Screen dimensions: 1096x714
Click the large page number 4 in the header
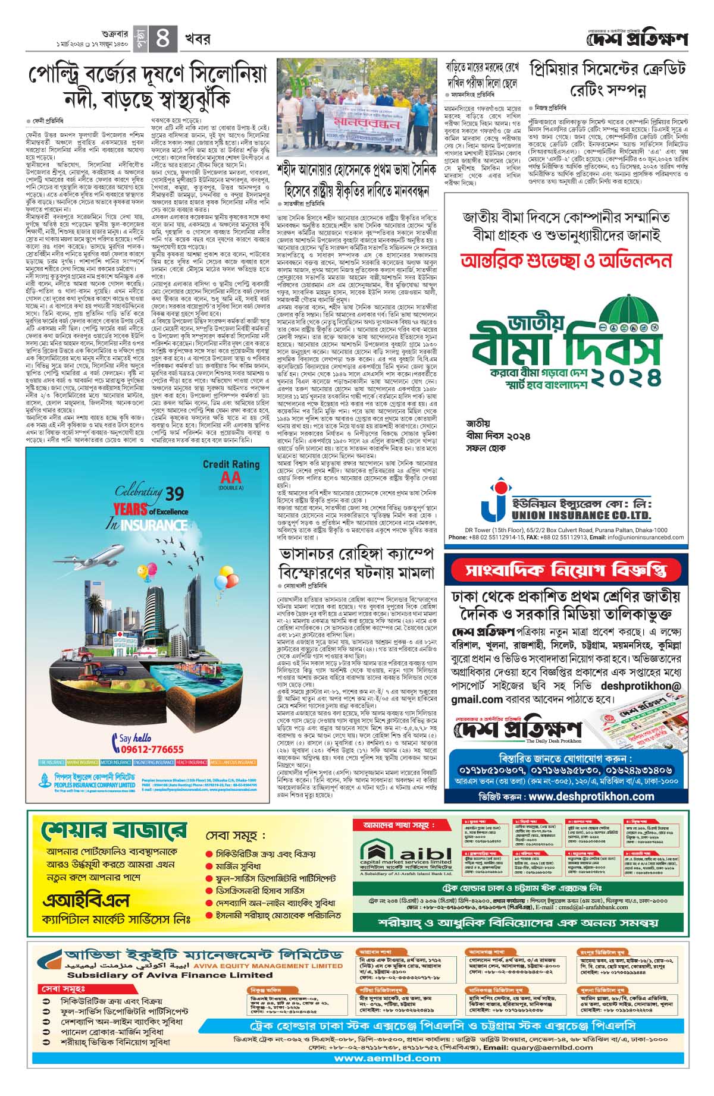(x=162, y=39)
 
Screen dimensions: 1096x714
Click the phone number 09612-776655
(x=148, y=749)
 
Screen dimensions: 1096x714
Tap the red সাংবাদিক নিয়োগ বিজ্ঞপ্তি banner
(x=565, y=570)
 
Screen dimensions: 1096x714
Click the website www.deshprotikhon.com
(x=590, y=796)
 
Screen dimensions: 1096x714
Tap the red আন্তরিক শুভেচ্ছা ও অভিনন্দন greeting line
(x=566, y=260)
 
